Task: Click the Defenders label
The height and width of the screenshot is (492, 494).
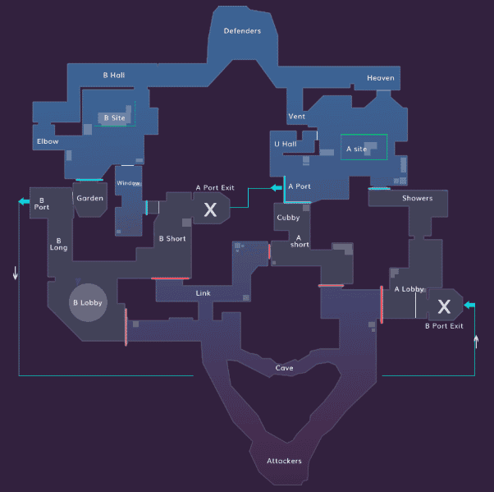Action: [x=242, y=31]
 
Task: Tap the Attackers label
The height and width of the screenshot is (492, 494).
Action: [x=284, y=461]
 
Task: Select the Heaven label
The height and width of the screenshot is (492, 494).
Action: [x=381, y=78]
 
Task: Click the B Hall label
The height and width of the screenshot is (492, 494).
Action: [x=114, y=75]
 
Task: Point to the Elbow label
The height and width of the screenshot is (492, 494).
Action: [x=48, y=141]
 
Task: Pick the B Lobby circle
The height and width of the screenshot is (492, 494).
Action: [x=87, y=302]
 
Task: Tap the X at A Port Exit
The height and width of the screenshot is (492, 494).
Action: [x=210, y=210]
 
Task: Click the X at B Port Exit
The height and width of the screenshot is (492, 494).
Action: [x=444, y=307]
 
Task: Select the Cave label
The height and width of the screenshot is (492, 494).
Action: [x=284, y=368]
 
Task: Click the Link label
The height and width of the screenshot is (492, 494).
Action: [x=204, y=292]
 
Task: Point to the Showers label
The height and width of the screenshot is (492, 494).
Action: [x=417, y=198]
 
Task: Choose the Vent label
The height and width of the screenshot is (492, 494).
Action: [x=296, y=117]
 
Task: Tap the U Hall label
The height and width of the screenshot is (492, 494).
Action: [x=284, y=144]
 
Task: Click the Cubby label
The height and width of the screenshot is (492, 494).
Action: [x=288, y=218]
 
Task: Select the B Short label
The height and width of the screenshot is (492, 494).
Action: [x=172, y=239]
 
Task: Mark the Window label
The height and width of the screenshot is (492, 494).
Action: [x=129, y=183]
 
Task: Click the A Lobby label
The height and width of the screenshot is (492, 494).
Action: [x=409, y=289]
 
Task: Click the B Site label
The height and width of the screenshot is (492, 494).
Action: [x=114, y=118]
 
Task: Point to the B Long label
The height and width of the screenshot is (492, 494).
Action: [x=59, y=244]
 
